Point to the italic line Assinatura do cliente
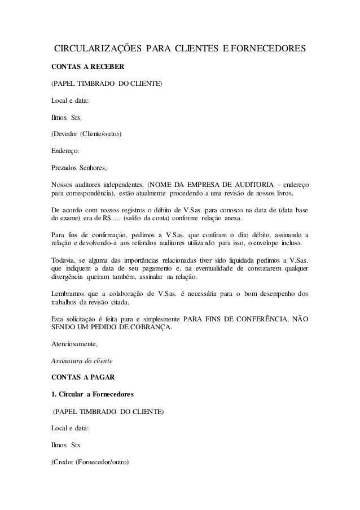[82, 360]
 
